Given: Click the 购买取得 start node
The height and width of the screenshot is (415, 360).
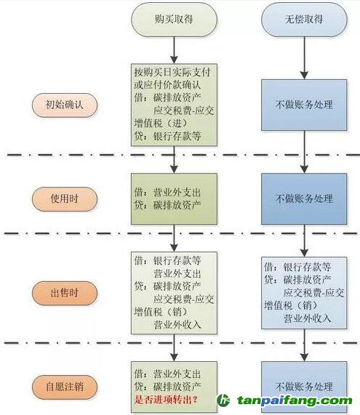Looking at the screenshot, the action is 174,20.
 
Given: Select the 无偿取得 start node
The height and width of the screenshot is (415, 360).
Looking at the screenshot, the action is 304,20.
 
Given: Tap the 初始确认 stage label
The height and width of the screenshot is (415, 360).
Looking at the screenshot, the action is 65,105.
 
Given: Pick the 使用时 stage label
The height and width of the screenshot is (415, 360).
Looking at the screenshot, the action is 65,198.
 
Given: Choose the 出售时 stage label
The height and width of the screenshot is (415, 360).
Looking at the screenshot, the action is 65,293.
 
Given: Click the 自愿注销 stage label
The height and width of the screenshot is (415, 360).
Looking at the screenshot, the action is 65,387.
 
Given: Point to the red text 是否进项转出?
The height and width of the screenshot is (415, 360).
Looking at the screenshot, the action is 166,400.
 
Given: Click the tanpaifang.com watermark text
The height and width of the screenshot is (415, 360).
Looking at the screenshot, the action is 295,400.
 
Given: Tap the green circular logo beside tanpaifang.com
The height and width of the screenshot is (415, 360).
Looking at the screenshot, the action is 223,400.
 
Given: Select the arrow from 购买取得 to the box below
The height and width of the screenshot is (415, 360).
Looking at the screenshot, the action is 174,50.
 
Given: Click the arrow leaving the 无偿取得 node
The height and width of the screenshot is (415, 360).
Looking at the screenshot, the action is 304,58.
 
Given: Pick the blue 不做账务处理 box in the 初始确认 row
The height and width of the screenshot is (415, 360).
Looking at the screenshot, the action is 304,105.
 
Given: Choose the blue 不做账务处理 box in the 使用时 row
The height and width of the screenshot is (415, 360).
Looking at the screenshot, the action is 304,198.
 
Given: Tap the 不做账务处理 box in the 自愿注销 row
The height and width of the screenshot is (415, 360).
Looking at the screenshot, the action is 304,387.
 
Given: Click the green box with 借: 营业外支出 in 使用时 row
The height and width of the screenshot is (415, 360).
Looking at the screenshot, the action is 174,198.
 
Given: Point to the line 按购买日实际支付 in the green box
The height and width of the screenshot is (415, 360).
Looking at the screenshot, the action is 172,72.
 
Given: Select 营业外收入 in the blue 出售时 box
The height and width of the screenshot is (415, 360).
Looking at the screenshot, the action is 308,318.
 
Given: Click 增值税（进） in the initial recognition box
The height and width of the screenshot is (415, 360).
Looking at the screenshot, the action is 161,123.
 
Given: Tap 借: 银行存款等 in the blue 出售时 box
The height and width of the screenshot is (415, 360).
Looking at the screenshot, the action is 297,267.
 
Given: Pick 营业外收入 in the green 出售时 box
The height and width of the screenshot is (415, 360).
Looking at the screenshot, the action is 177,324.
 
